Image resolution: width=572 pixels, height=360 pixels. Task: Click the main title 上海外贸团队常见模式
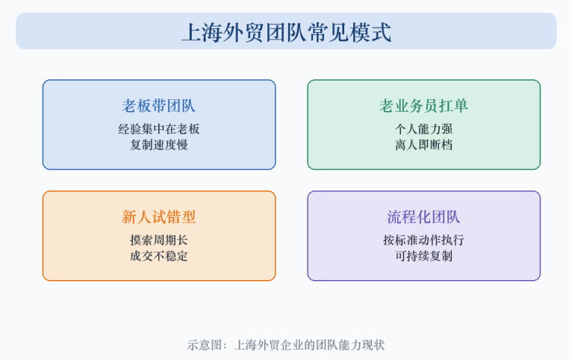(x=286, y=32)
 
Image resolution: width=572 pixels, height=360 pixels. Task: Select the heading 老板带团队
(x=159, y=106)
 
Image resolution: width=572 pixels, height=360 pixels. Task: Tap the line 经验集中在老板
(x=159, y=128)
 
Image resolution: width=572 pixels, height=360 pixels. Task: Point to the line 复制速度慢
(x=159, y=145)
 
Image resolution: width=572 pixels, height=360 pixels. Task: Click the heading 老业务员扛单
(x=423, y=106)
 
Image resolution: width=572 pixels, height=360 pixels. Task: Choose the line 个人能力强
(x=423, y=128)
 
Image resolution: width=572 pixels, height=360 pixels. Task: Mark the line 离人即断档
(x=423, y=145)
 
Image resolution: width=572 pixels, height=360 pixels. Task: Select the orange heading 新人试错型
(x=159, y=217)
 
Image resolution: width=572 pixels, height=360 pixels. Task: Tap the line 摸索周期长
(x=159, y=240)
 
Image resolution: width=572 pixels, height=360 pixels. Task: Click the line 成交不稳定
(x=159, y=256)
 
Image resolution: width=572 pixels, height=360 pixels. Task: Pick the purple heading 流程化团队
(x=423, y=217)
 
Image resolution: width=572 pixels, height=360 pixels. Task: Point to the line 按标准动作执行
(x=423, y=240)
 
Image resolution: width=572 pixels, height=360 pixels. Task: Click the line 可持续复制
(x=423, y=256)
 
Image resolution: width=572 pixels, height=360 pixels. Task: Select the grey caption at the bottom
(x=286, y=345)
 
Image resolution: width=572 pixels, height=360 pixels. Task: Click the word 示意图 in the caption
(x=205, y=345)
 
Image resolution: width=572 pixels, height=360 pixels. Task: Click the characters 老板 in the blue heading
(x=137, y=106)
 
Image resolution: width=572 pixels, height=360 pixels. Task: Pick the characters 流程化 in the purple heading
(x=408, y=217)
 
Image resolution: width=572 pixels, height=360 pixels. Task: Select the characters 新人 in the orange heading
(x=137, y=217)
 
